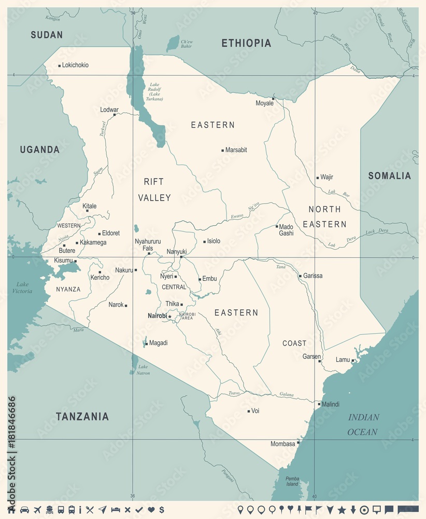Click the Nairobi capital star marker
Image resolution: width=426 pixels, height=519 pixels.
[169, 317]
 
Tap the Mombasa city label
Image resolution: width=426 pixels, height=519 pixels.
[282, 444]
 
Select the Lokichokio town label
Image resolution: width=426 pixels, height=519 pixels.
[75, 65]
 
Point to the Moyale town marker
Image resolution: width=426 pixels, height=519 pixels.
[273, 98]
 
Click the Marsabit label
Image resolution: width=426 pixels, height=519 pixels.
[236, 150]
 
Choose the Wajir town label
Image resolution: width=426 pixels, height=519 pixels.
[326, 177]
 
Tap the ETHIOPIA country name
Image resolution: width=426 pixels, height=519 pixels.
[246, 43]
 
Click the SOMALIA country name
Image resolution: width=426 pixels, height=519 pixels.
[389, 176]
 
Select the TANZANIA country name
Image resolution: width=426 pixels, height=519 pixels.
[82, 416]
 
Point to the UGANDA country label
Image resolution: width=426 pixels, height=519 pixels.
[40, 149]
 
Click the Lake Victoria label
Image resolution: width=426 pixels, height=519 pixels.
[23, 288]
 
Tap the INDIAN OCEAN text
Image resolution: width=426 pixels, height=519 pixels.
[363, 425]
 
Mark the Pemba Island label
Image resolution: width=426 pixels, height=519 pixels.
[292, 481]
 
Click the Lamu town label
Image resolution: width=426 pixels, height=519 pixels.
[343, 360]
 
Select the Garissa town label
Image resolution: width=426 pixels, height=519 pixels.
[313, 276]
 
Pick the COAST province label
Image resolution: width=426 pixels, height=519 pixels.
[294, 343]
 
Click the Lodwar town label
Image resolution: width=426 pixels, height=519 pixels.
[109, 110]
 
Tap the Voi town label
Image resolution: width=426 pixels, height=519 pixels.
[255, 411]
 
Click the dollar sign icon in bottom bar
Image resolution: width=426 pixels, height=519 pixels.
[162, 510]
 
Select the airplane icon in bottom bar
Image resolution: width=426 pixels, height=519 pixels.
[37, 510]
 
